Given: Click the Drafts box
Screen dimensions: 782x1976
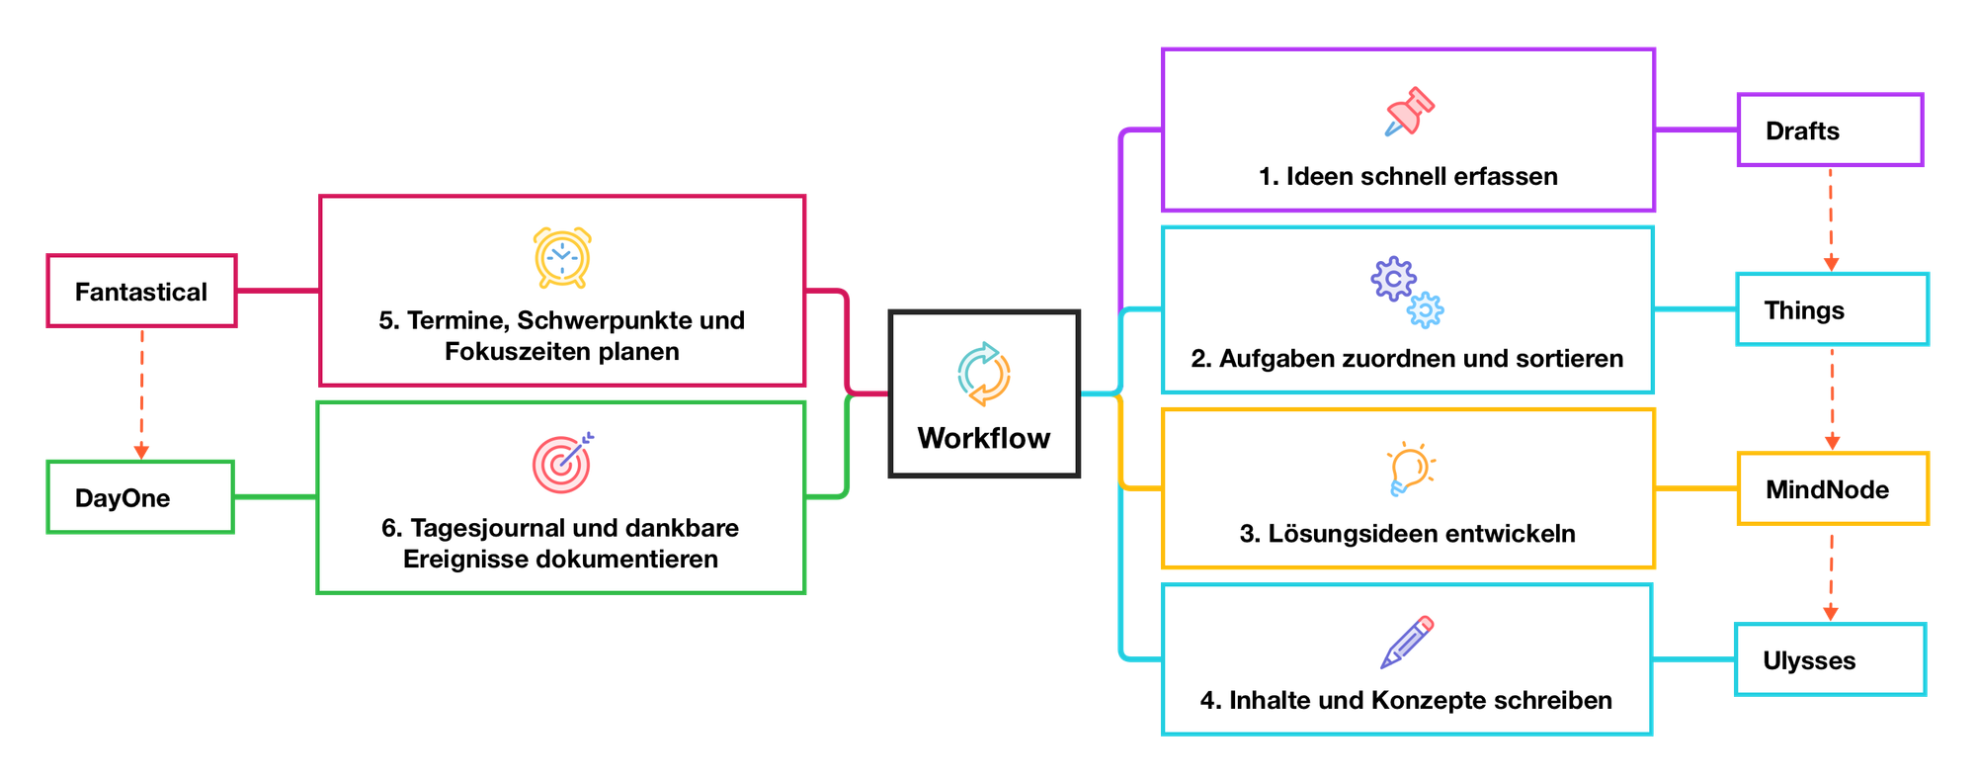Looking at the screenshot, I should pyautogui.click(x=1830, y=130).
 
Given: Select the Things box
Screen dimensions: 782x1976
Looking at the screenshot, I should pyautogui.click(x=1832, y=310).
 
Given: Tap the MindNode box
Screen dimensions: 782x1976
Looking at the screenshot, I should pyautogui.click(x=1833, y=489).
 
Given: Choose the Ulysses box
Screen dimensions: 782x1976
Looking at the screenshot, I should pyautogui.click(x=1831, y=660).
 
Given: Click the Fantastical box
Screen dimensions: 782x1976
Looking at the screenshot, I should pyautogui.click(x=141, y=292).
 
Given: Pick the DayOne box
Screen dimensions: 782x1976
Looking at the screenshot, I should pyautogui.click(x=140, y=497).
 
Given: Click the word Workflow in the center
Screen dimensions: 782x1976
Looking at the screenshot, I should pyautogui.click(x=984, y=438).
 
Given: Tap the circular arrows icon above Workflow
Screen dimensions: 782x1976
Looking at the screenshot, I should pyautogui.click(x=984, y=374).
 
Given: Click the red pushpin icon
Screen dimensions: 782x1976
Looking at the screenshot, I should pyautogui.click(x=1409, y=112).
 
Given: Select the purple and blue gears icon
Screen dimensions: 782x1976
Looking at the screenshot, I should pyautogui.click(x=1407, y=292).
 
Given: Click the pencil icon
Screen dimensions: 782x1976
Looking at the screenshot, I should pyautogui.click(x=1407, y=642).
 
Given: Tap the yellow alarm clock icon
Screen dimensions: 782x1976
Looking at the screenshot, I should pyautogui.click(x=562, y=257).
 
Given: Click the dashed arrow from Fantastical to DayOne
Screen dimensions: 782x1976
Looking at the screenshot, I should pyautogui.click(x=141, y=392).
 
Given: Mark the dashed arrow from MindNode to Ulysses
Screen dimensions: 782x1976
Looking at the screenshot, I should pyautogui.click(x=1831, y=575).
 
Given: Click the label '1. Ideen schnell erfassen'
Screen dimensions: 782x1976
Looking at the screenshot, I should pyautogui.click(x=1408, y=177).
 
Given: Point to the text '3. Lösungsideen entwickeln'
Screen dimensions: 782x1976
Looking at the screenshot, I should pyautogui.click(x=1408, y=534).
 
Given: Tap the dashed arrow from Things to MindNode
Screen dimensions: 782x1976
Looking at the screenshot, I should pyautogui.click(x=1832, y=399).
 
